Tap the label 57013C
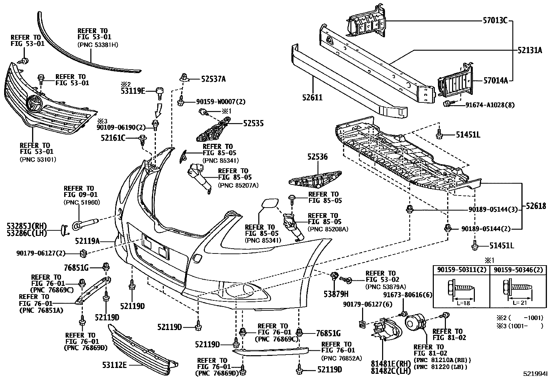[x=495, y=20]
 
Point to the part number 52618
[x=536, y=206]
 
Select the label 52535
[x=253, y=123]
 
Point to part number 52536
[x=318, y=157]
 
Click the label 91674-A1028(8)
[x=490, y=105]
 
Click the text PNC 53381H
[x=98, y=44]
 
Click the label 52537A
[x=213, y=79]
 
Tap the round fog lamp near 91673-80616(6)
[x=416, y=325]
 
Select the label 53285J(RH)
[x=26, y=226]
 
